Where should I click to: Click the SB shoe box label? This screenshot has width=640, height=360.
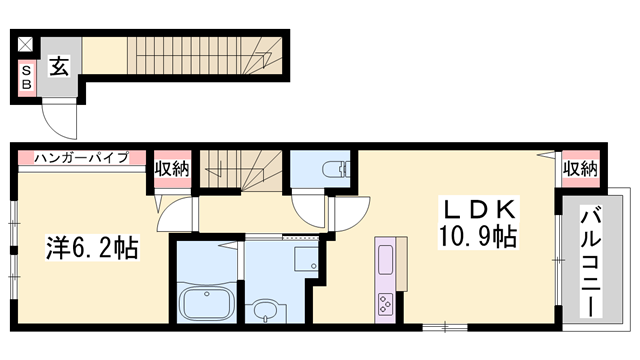tap(27, 78)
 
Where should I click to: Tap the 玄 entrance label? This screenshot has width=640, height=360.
tap(59, 66)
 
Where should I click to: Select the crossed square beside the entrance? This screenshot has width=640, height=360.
tap(25, 44)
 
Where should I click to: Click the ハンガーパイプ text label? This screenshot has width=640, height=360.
tap(81, 157)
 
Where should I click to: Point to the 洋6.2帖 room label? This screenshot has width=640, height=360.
tap(92, 247)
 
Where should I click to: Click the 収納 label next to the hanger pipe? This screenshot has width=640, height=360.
tap(172, 169)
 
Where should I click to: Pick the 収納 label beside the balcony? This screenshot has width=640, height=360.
tap(581, 169)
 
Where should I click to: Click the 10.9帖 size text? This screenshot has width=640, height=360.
tap(478, 236)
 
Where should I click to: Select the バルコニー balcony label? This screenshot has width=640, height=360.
tap(591, 262)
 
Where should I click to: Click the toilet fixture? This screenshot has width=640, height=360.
tap(336, 169)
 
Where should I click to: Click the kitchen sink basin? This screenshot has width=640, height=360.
tap(386, 260)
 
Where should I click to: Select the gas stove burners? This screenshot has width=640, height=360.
tap(386, 304)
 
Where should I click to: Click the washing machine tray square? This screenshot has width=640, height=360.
tap(306, 259)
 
